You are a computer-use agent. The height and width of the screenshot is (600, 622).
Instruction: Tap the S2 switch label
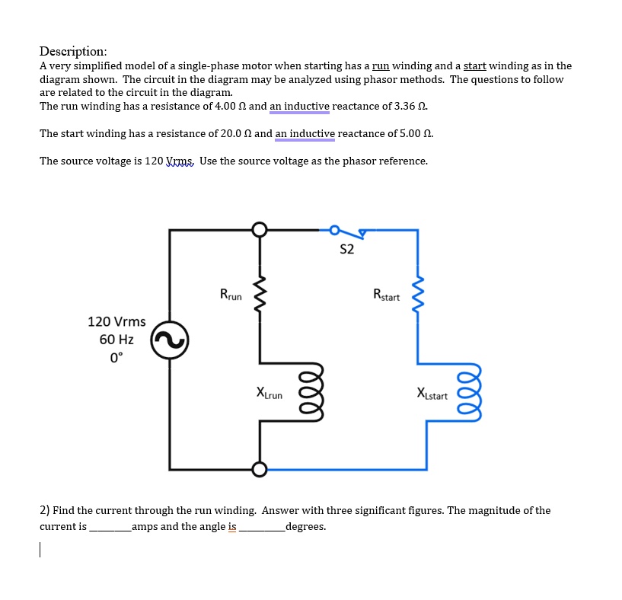pos(346,250)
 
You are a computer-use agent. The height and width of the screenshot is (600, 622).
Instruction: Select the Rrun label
pos(231,294)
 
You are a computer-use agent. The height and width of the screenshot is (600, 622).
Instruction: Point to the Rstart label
pos(386,294)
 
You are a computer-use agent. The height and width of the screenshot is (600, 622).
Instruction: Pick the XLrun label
pos(269,394)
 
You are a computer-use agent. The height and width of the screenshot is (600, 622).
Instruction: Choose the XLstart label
pos(432,394)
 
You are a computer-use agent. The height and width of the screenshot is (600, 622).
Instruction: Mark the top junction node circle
pos(260,229)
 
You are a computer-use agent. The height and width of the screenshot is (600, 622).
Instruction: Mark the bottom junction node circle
pos(260,469)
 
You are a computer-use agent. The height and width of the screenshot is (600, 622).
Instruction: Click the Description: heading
pos(73,51)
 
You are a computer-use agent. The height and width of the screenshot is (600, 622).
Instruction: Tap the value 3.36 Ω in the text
pos(417,106)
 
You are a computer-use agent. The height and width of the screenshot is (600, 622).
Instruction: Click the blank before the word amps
pos(110,527)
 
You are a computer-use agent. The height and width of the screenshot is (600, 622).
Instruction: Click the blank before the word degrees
pos(260,527)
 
